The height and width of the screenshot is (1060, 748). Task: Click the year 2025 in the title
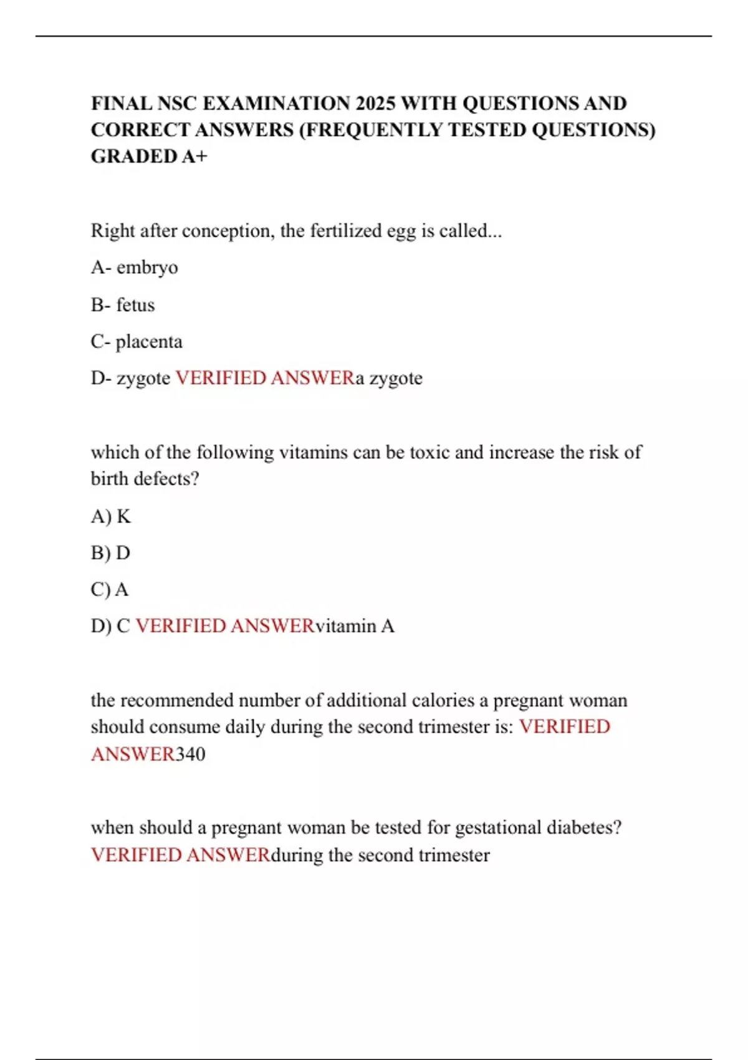pyautogui.click(x=375, y=103)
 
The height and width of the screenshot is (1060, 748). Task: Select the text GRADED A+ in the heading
pyautogui.click(x=149, y=156)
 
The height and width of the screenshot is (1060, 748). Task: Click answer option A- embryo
pyautogui.click(x=135, y=267)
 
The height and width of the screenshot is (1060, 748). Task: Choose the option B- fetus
pyautogui.click(x=123, y=305)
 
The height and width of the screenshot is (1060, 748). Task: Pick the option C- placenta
pyautogui.click(x=137, y=342)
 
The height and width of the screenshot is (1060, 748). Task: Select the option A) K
pyautogui.click(x=111, y=516)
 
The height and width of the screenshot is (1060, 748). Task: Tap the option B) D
pyautogui.click(x=110, y=553)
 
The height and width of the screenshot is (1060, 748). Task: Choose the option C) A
pyautogui.click(x=110, y=589)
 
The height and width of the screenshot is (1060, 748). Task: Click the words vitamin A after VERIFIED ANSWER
pyautogui.click(x=355, y=626)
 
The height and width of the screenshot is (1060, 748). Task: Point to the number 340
pyautogui.click(x=190, y=754)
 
